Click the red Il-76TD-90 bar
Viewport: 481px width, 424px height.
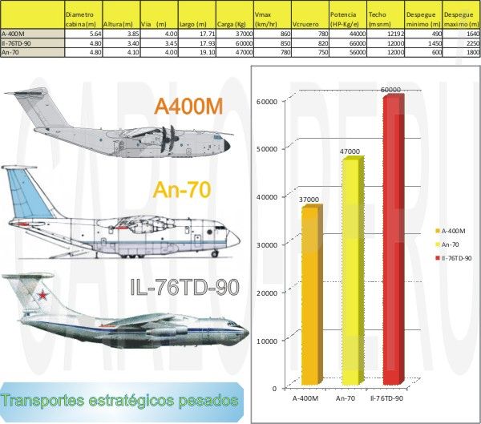pos(394,240)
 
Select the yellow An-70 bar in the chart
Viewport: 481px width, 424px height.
pos(353,271)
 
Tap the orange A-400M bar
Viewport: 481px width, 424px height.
pos(312,295)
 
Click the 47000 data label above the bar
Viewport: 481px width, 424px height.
pos(350,151)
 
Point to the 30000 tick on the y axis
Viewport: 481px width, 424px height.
pos(267,244)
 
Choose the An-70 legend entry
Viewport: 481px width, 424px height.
pos(447,244)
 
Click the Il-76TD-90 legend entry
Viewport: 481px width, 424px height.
pos(454,258)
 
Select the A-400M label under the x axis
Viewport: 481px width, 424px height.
pos(305,398)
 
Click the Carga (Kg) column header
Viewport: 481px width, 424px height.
pos(232,24)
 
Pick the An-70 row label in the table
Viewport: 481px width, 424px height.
pos(10,52)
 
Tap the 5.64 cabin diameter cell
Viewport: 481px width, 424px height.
pos(95,34)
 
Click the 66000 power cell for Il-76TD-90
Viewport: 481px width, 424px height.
pos(358,43)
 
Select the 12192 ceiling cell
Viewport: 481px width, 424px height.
pos(396,34)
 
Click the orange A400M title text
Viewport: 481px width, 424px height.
pos(188,107)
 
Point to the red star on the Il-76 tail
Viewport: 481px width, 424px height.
pos(42,295)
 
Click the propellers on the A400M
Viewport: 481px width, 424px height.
pos(168,139)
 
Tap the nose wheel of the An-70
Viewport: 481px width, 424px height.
pos(215,253)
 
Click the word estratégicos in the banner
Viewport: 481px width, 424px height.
pos(131,402)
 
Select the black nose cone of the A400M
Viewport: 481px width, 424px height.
pos(227,145)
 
